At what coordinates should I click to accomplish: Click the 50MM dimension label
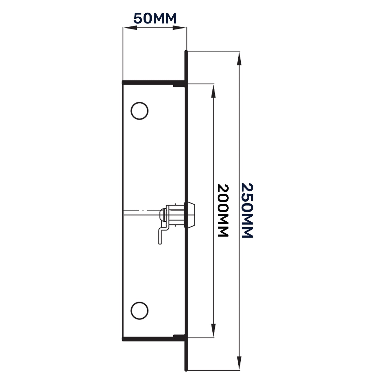[x=155, y=19]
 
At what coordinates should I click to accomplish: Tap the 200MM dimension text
[x=222, y=210]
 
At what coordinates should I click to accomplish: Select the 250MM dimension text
[x=246, y=210]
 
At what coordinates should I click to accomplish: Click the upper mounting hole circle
[x=139, y=111]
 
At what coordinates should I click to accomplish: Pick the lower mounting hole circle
[x=139, y=310]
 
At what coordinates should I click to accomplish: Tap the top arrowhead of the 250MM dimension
[x=239, y=59]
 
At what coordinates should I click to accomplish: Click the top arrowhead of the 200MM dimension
[x=213, y=92]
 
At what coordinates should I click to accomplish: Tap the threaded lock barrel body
[x=176, y=214]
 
